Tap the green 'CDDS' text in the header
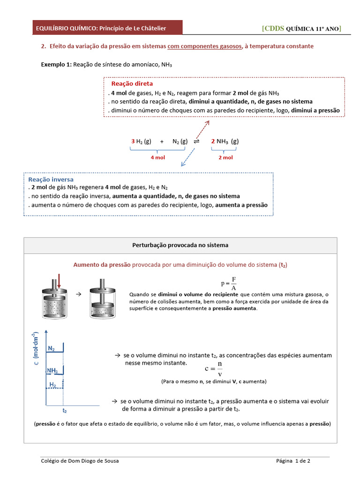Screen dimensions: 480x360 [x=274, y=28]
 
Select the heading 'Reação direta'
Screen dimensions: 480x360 [x=132, y=83]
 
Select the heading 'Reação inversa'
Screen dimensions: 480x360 [x=51, y=179]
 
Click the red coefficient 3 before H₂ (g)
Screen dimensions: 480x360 [x=133, y=141]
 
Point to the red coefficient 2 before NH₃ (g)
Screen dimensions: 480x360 [x=213, y=141]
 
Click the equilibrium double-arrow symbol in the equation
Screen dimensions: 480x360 [x=196, y=141]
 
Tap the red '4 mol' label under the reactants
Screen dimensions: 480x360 [x=157, y=157]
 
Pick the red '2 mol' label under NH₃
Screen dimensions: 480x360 [x=225, y=157]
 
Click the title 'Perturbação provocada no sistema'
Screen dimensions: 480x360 [x=180, y=245]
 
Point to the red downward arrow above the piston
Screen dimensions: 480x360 [x=59, y=281]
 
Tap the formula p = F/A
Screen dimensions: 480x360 [x=229, y=284]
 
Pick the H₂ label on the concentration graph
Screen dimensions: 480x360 [x=53, y=385]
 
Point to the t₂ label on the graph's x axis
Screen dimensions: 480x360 [x=65, y=410]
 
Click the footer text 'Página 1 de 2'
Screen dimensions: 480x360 [x=293, y=461]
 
